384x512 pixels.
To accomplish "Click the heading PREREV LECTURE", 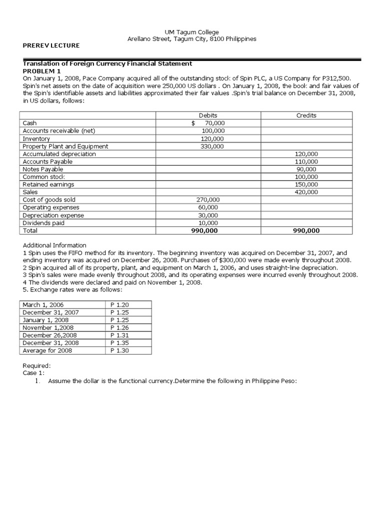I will pyautogui.click(x=51, y=45).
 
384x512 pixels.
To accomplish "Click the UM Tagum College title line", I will pyautogui.click(x=192, y=32).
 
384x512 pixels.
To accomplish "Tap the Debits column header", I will pyautogui.click(x=208, y=115).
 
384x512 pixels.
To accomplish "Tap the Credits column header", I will pyautogui.click(x=306, y=115).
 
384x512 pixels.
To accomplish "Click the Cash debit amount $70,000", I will pyautogui.click(x=208, y=123).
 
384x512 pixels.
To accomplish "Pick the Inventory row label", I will pyautogui.click(x=36, y=138).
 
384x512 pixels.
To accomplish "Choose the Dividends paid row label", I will pyautogui.click(x=43, y=223).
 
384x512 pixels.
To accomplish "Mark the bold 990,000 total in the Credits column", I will pyautogui.click(x=306, y=230).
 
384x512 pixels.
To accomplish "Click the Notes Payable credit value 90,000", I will pyautogui.click(x=308, y=169).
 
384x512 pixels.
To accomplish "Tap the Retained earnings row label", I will pyautogui.click(x=48, y=184).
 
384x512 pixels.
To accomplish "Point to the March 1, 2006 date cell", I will pyautogui.click(x=43, y=304).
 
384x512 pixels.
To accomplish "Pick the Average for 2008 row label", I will pyautogui.click(x=47, y=350).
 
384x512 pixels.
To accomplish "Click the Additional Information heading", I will pyautogui.click(x=55, y=245).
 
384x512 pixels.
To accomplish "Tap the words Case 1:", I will pyautogui.click(x=34, y=373).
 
